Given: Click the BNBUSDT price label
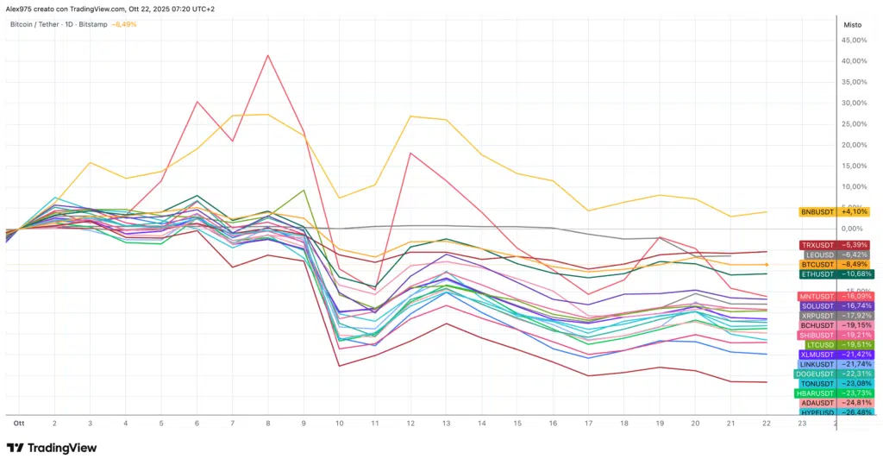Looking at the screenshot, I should tap(834, 211).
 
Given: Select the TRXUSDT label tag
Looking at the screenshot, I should tap(834, 245).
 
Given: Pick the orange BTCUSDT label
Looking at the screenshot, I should tap(834, 265).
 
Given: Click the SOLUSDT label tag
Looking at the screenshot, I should tap(834, 305).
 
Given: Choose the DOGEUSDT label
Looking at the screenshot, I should tap(833, 374).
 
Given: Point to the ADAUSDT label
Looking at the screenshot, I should tap(834, 403).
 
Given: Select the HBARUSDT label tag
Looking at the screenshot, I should tap(833, 393).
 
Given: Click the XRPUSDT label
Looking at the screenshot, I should tap(834, 316).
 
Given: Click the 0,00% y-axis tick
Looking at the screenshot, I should tap(854, 229).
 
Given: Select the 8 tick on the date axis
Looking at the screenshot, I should tap(268, 424).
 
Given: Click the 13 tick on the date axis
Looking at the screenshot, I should tap(446, 424).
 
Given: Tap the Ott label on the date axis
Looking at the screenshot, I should tap(17, 424).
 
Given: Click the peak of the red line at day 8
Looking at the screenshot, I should tap(268, 55).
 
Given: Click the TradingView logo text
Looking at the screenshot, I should tap(62, 448).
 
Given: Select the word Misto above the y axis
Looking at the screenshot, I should tap(852, 25).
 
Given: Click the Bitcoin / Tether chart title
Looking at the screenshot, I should tap(35, 24).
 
